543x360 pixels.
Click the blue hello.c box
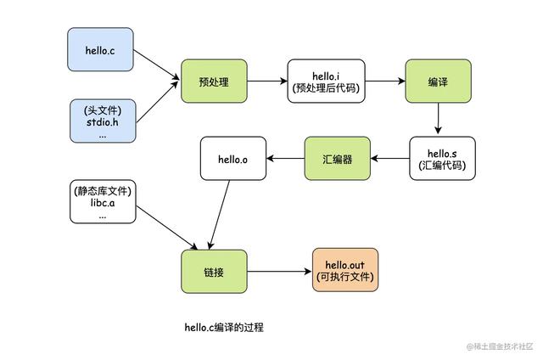coord(101,49)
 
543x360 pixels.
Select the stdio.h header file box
coord(101,121)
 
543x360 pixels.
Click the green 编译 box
coord(437,82)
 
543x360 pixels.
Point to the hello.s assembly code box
coord(438,158)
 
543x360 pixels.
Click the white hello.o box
coord(232,158)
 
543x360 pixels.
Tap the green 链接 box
coord(213,272)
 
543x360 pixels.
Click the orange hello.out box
coord(344,272)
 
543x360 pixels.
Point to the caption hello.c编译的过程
coord(224,327)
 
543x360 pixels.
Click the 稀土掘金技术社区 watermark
coord(501,346)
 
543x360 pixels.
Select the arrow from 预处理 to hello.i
coord(266,82)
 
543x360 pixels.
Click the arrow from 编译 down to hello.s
coord(437,120)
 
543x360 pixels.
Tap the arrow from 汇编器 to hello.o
coord(285,158)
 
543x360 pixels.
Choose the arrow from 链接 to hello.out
coord(279,272)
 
